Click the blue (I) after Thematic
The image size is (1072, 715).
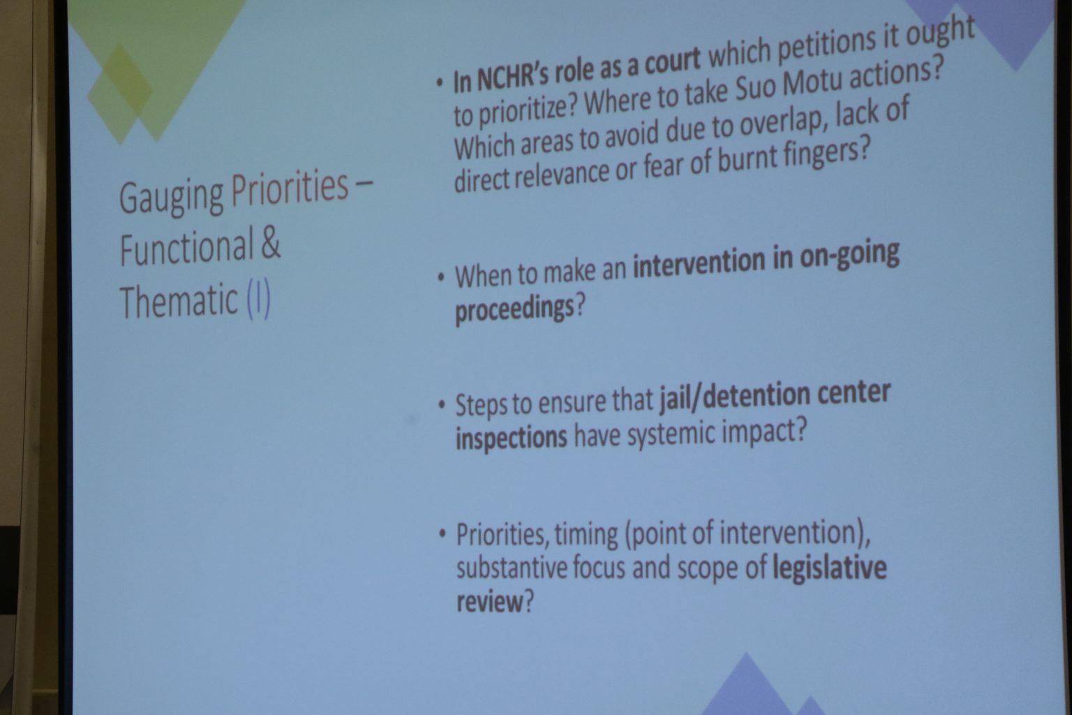258,300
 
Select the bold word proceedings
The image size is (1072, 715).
514,309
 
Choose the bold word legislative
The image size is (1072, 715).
830,568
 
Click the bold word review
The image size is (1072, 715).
490,601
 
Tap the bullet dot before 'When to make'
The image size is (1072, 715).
440,278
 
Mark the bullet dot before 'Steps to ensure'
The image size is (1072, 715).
441,405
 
